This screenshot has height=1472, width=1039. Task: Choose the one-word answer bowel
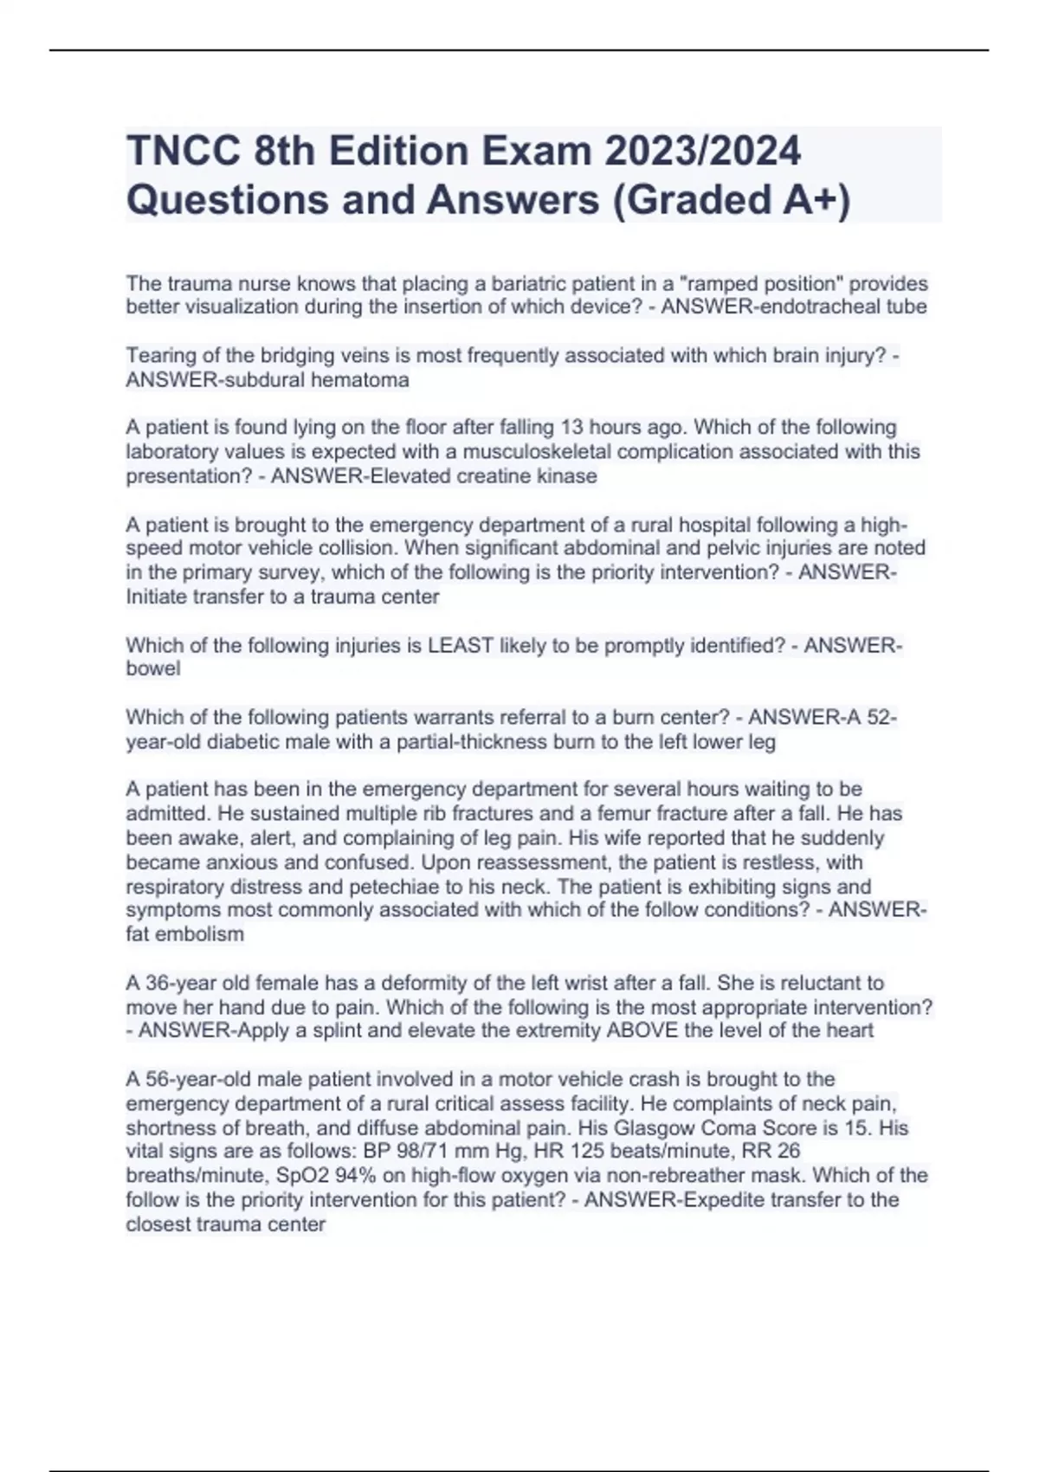tap(153, 668)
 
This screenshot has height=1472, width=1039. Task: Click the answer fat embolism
tap(184, 933)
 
